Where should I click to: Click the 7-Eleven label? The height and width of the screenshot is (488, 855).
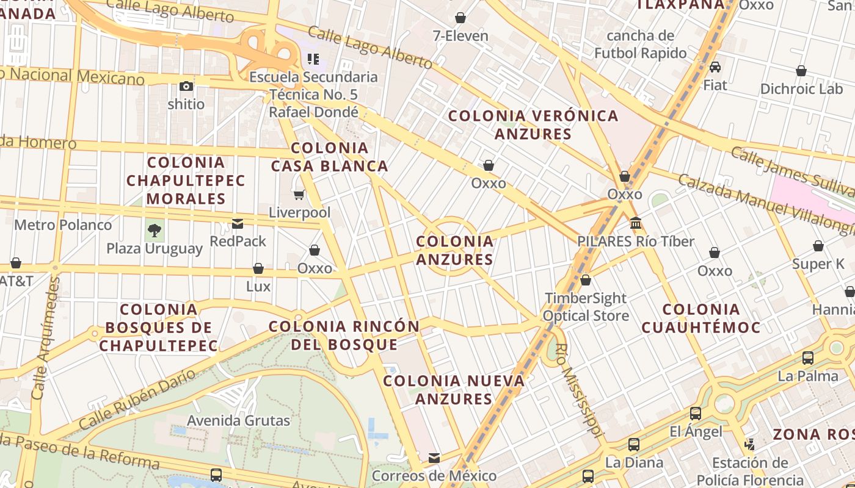point(460,36)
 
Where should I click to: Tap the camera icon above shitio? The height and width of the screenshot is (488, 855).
point(186,87)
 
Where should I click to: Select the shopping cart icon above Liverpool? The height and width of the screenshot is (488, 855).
point(299,195)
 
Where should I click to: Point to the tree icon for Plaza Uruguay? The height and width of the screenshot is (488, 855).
point(155,231)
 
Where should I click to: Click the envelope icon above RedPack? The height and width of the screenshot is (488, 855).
point(238,224)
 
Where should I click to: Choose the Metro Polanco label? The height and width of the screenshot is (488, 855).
point(63,225)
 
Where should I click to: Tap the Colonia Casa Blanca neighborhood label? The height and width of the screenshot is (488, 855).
point(330,157)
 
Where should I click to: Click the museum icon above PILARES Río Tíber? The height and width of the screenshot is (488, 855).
point(636,223)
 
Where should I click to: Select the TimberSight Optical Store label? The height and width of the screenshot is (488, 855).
point(585,307)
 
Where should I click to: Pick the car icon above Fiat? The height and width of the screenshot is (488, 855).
point(715,67)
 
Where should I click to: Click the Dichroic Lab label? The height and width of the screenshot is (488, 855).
point(801,89)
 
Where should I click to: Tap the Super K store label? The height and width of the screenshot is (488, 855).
point(818,264)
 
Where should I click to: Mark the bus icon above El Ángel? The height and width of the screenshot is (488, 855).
point(696,414)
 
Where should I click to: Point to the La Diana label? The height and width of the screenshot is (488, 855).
point(634,462)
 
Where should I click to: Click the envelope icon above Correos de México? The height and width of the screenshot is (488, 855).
point(434,458)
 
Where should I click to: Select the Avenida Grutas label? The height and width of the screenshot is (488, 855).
point(238,420)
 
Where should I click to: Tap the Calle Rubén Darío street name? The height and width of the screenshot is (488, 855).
point(137,400)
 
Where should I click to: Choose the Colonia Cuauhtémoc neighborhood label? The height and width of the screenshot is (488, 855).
point(701,318)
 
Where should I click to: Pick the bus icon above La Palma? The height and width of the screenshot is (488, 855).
point(808,358)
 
